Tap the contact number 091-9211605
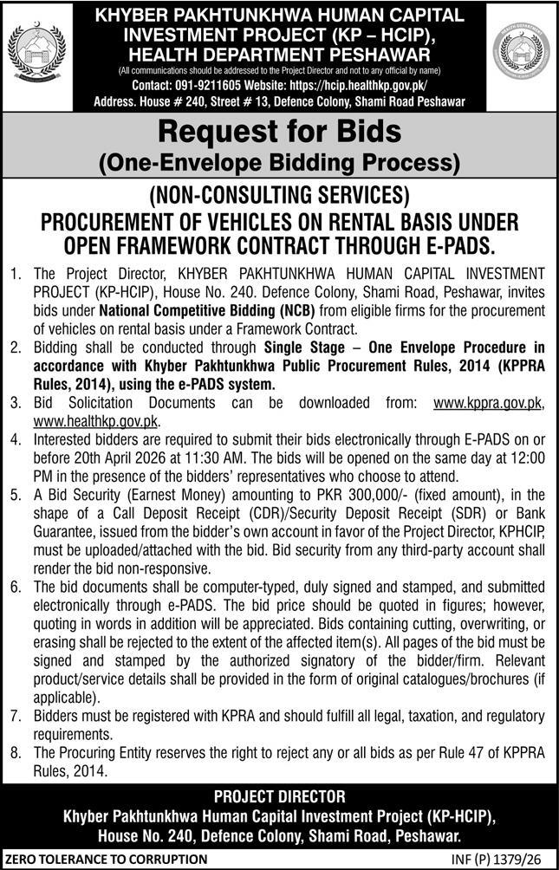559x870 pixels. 202,85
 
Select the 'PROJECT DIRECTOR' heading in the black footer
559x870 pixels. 279,795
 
